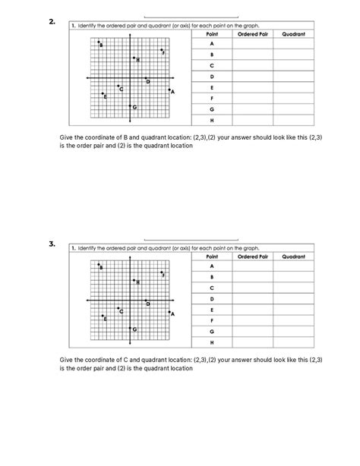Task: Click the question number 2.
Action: click(52, 22)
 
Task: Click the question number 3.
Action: click(52, 244)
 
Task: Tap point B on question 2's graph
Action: click(99, 43)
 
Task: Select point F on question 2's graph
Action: click(161, 50)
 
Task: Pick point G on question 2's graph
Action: click(131, 106)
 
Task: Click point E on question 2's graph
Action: click(103, 94)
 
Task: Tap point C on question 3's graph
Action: click(118, 308)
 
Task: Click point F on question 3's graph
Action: click(161, 272)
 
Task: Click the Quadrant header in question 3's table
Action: click(293, 257)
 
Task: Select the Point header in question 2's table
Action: click(212, 34)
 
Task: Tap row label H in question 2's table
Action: click(212, 120)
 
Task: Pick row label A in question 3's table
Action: click(212, 267)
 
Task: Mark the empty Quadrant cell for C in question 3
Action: click(293, 288)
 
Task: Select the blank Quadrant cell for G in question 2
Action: click(293, 109)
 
